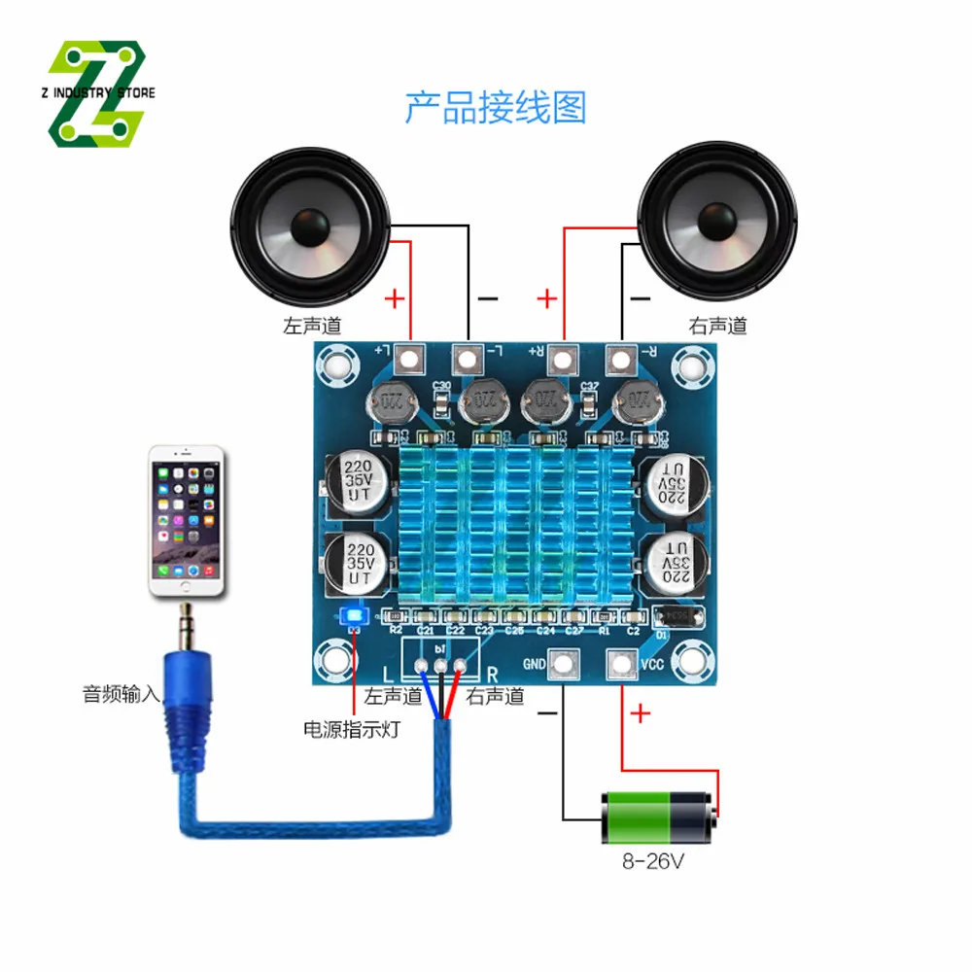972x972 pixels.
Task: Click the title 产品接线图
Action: coord(496,108)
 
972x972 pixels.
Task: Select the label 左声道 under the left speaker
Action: coord(312,327)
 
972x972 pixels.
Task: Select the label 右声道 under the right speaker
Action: coord(717,327)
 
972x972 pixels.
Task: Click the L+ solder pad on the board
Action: coord(409,361)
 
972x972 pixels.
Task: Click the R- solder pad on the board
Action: coord(619,361)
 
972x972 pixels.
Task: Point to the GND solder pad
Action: coord(563,665)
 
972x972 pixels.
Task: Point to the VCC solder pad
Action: coord(619,665)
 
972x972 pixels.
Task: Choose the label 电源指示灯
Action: coord(351,729)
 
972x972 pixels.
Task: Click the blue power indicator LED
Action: coord(353,616)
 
